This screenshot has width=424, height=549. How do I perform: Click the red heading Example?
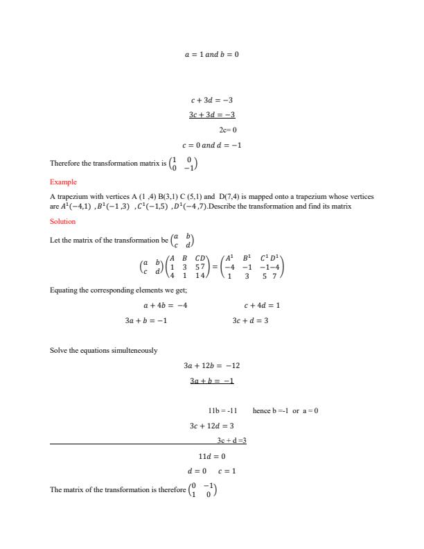pyautogui.click(x=63, y=182)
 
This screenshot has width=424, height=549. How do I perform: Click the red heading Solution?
pyautogui.click(x=63, y=222)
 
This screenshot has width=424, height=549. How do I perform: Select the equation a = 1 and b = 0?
pyautogui.click(x=211, y=53)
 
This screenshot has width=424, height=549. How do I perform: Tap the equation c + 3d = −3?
pyautogui.click(x=212, y=101)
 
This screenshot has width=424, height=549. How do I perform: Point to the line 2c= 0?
pyautogui.click(x=228, y=130)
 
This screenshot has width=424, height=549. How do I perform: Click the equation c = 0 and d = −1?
pyautogui.click(x=211, y=146)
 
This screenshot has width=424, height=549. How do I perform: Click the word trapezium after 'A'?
pyautogui.click(x=73, y=197)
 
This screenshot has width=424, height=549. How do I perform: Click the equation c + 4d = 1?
pyautogui.click(x=262, y=305)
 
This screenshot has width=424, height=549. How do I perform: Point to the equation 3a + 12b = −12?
pyautogui.click(x=212, y=365)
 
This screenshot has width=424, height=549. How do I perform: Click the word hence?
pyautogui.click(x=262, y=411)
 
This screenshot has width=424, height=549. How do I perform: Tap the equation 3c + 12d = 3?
pyautogui.click(x=212, y=426)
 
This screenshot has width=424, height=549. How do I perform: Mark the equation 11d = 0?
pyautogui.click(x=212, y=456)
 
